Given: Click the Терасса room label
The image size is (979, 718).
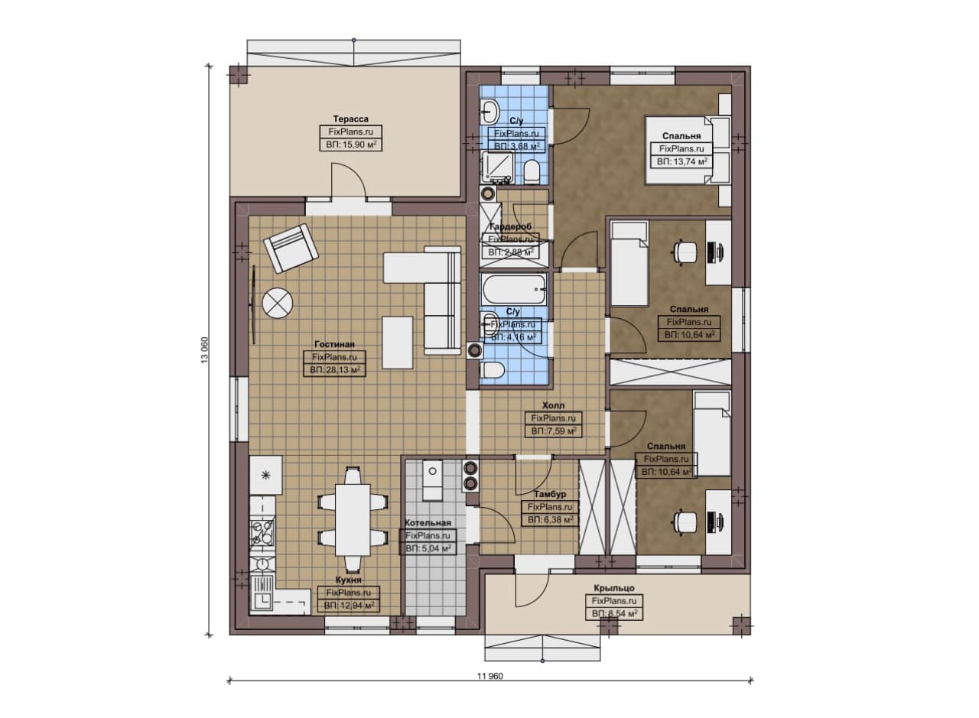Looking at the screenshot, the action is point(350,119).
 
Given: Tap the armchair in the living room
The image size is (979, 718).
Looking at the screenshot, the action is point(291,248).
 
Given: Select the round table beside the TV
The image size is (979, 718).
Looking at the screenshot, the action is point(277,302).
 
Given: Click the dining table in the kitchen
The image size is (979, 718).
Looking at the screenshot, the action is point(353,520).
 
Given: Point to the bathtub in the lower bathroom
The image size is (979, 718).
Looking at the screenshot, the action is point(513,290).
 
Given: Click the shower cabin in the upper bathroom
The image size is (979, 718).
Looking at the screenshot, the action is point(498,167).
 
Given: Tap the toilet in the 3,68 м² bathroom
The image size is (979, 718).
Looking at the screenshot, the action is point(532,172).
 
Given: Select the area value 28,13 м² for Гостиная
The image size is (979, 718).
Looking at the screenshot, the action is point(335,370).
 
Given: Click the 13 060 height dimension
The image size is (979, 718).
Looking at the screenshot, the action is point(205,349).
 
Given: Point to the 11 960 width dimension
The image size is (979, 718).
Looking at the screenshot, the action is point(490,676).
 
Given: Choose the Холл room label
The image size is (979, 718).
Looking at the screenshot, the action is point(553,405).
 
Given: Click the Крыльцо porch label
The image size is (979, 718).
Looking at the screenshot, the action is point(614,588).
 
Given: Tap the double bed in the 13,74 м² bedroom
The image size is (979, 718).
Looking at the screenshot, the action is point(688,148).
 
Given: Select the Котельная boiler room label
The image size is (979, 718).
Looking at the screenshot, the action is point(428,523).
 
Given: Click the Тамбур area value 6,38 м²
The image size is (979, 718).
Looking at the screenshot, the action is point(550,520).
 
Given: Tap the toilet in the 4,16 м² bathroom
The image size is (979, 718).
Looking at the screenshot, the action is point(493,370).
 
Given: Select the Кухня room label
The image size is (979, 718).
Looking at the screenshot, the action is point(348,580).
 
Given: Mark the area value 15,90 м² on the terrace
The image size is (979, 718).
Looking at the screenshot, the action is point(351,145).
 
